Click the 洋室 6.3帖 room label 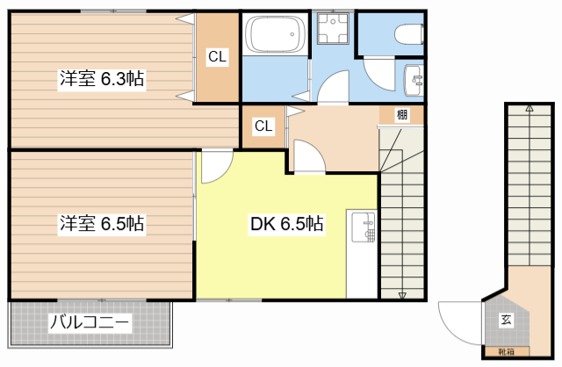click(102, 79)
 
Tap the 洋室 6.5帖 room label click(102, 223)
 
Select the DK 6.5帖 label click(287, 224)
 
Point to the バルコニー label click(89, 322)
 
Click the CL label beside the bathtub click(218, 56)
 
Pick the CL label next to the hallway click(263, 126)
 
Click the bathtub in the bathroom click(276, 34)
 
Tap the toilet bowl click(408, 34)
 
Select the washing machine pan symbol click(333, 28)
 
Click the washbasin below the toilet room click(414, 81)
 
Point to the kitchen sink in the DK click(364, 227)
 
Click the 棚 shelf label click(402, 115)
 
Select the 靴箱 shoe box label click(506, 352)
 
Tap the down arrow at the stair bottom click(402, 295)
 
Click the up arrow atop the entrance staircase click(530, 108)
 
